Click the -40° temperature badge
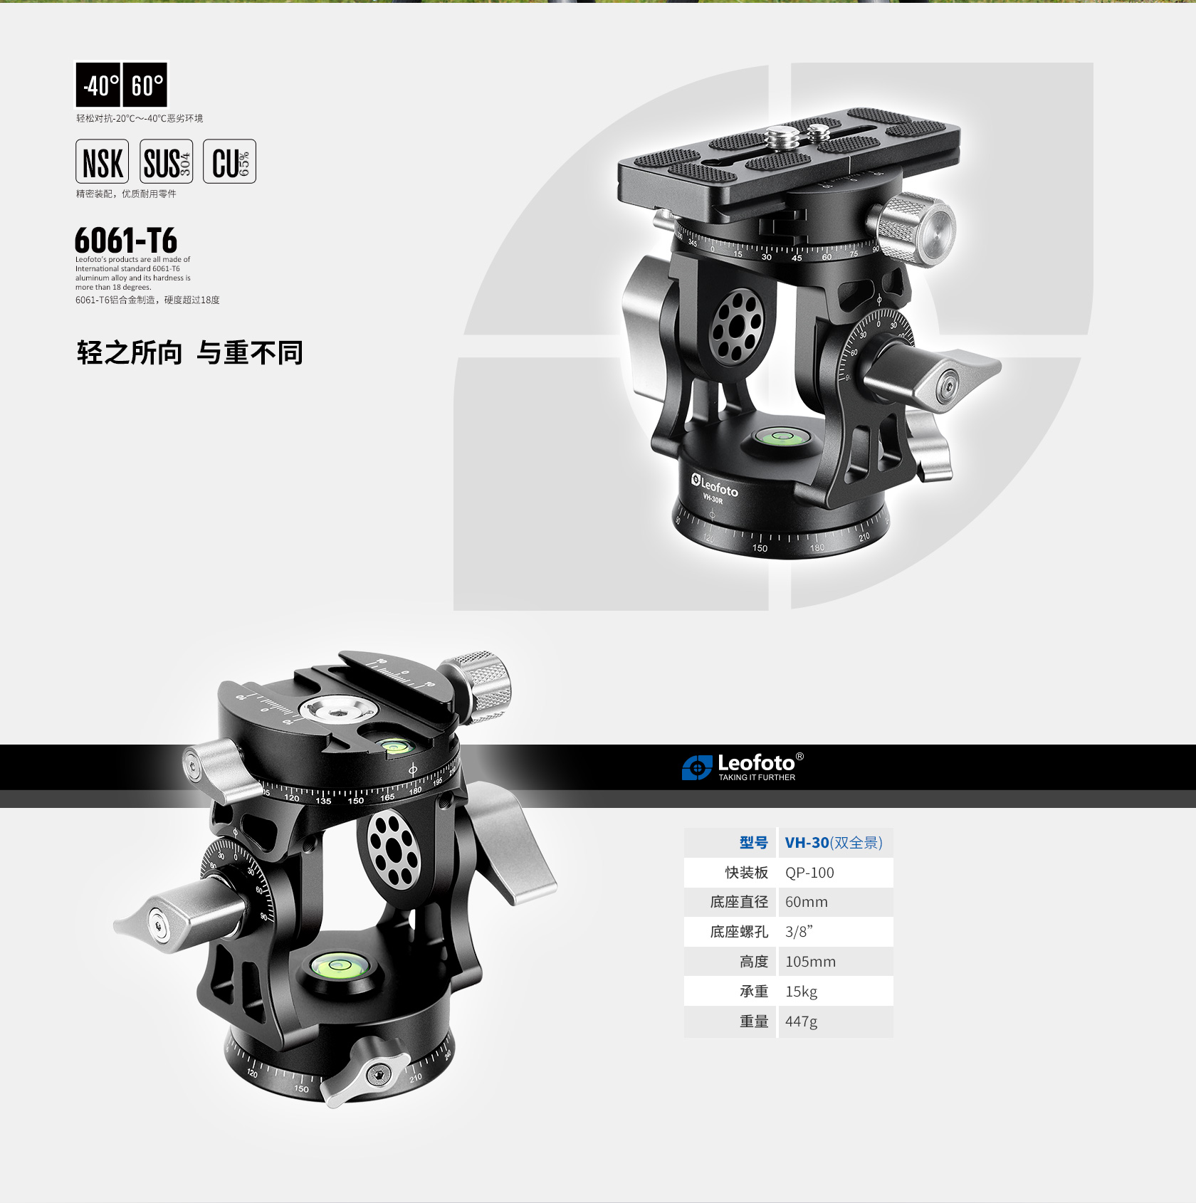click(x=99, y=85)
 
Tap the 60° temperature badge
click(x=146, y=85)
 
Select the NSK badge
click(x=103, y=162)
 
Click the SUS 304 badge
click(x=167, y=162)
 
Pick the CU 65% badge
click(x=230, y=162)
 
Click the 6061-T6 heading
click(x=126, y=240)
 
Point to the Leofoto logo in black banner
click(x=743, y=767)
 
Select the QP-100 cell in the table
click(x=836, y=873)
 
